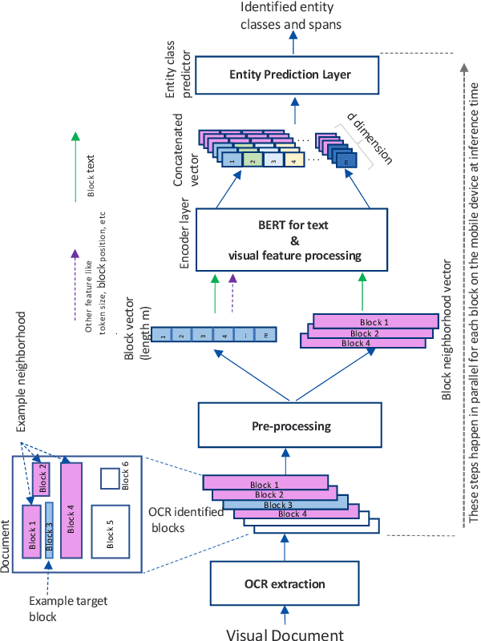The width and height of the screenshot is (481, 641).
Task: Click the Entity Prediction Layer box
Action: click(x=290, y=75)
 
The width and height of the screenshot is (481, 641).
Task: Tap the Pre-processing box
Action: click(x=287, y=424)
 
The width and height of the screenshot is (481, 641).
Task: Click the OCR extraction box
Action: click(x=287, y=582)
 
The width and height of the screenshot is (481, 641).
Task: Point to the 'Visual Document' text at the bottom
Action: click(x=285, y=635)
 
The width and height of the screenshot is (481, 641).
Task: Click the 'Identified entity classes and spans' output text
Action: click(x=292, y=16)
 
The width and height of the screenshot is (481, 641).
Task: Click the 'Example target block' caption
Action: click(x=57, y=608)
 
